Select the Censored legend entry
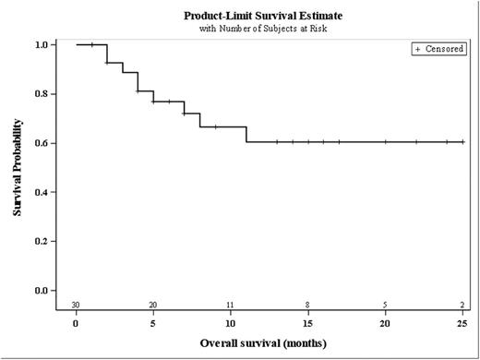(438, 49)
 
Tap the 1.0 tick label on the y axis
(41, 44)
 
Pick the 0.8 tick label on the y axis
(41, 93)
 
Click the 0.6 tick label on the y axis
(41, 142)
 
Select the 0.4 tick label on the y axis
(41, 192)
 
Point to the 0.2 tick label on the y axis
(41, 241)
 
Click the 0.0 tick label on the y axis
(41, 290)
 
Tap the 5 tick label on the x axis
(153, 323)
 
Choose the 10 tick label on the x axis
(231, 323)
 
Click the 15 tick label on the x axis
(307, 323)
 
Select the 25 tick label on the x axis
(462, 323)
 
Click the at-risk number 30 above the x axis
(77, 305)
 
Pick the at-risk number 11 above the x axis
(231, 305)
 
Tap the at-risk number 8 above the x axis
(307, 305)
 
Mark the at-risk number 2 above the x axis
(462, 305)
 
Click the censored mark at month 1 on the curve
(92, 44)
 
